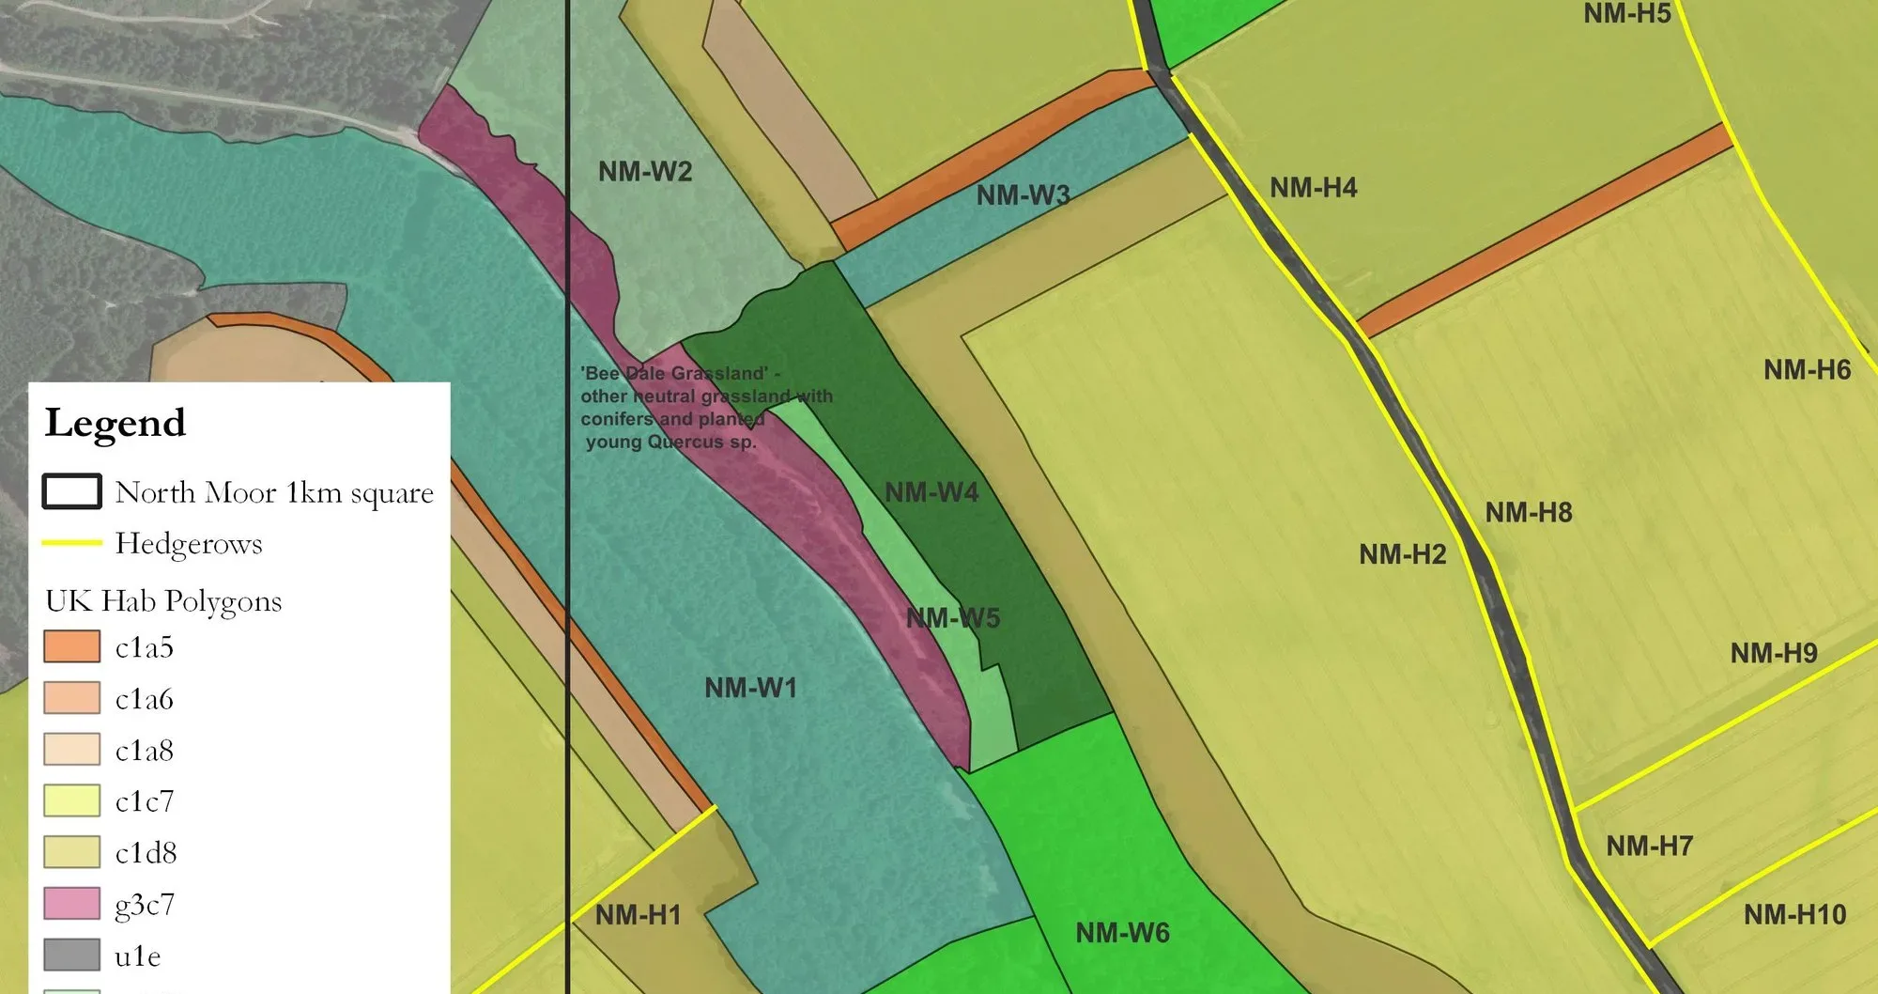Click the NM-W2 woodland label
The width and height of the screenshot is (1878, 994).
[x=645, y=172]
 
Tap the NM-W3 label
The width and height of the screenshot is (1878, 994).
[x=1023, y=195]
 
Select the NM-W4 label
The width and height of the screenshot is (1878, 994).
[x=931, y=492]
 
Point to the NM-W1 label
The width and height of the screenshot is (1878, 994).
[x=750, y=688]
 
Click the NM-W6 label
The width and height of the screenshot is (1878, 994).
[x=1122, y=933]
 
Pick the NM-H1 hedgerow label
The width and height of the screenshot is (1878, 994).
[x=638, y=914]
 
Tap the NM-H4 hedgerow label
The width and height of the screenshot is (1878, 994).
[x=1313, y=188]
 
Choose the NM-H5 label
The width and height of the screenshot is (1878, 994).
[x=1627, y=14]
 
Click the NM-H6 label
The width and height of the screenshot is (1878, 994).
[x=1807, y=370]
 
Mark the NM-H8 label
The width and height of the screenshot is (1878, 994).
[x=1528, y=513]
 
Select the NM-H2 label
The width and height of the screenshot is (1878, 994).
[x=1402, y=554]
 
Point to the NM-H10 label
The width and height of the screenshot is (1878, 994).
[x=1794, y=914]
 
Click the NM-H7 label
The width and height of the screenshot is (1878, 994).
[x=1649, y=846]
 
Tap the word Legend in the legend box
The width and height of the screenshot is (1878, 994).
[x=115, y=423]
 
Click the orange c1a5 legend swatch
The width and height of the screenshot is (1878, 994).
[x=72, y=647]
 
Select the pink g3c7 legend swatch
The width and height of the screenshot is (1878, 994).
[x=72, y=904]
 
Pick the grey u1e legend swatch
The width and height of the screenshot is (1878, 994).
[x=72, y=955]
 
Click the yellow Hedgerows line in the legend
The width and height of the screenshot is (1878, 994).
[x=72, y=543]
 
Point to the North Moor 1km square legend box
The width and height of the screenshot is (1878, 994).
[x=72, y=492]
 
